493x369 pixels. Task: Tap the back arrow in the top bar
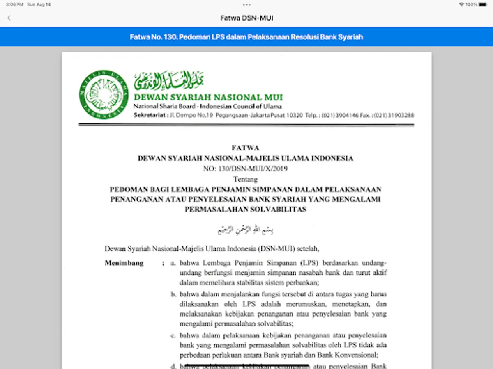pyautogui.click(x=9, y=18)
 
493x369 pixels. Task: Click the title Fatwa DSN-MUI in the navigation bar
pyautogui.click(x=246, y=18)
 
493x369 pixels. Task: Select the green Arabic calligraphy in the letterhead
pyautogui.click(x=169, y=81)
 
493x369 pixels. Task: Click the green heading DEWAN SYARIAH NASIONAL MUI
pyautogui.click(x=208, y=98)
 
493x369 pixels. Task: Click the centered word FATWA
pyautogui.click(x=246, y=148)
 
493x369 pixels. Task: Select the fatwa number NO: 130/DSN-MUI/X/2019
pyautogui.click(x=246, y=169)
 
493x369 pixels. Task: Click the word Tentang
pyautogui.click(x=246, y=179)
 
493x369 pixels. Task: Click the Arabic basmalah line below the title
pyautogui.click(x=246, y=229)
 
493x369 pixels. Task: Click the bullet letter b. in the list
pyautogui.click(x=174, y=294)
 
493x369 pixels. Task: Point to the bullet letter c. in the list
pyautogui.click(x=174, y=335)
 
